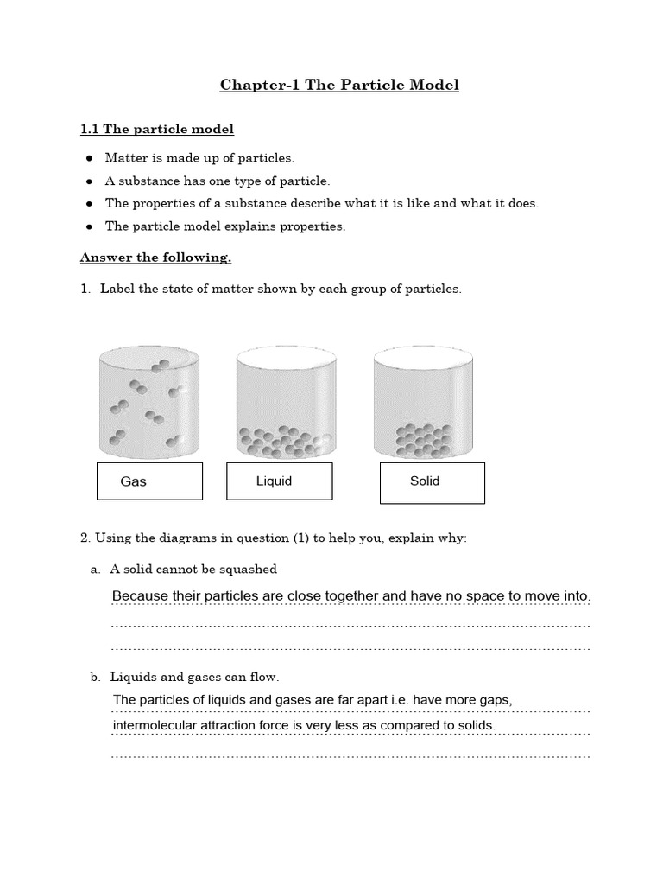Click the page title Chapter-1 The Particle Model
point(339,85)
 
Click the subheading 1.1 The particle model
point(157,130)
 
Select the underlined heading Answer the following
point(155,258)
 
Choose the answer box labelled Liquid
point(279,481)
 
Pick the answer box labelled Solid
point(432,481)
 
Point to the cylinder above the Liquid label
point(285,402)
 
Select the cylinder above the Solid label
point(423,402)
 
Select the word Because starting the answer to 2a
point(142,596)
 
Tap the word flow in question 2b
point(264,677)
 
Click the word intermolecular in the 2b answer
point(153,725)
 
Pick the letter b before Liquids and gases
point(95,677)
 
